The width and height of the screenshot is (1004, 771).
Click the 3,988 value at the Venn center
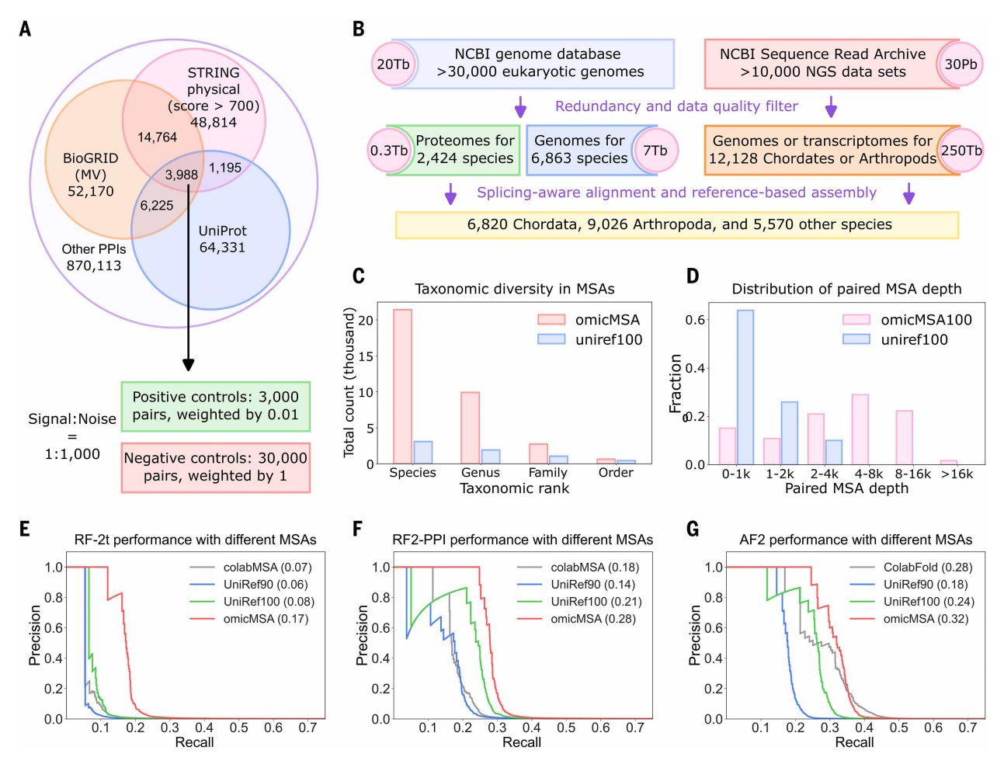[181, 175]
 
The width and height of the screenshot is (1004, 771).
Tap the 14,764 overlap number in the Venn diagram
[157, 137]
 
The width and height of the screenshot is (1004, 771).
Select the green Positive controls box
[215, 406]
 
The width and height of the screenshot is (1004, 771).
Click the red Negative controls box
[215, 467]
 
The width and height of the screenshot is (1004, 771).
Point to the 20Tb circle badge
[393, 64]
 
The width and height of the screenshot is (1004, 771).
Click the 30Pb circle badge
[960, 64]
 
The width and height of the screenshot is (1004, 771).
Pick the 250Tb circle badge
[961, 151]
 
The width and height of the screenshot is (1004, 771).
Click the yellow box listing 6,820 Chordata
[677, 224]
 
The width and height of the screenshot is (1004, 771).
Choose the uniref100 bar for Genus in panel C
[490, 457]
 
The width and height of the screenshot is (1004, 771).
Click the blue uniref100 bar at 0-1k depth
[745, 387]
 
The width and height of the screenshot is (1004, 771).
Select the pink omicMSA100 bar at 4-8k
[860, 429]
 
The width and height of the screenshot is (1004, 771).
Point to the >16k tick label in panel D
[957, 474]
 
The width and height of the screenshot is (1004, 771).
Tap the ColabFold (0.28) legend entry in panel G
[927, 568]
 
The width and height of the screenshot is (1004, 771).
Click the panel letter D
[693, 276]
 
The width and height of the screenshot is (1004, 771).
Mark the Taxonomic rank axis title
[514, 488]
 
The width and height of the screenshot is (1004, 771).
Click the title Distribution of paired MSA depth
[846, 289]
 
